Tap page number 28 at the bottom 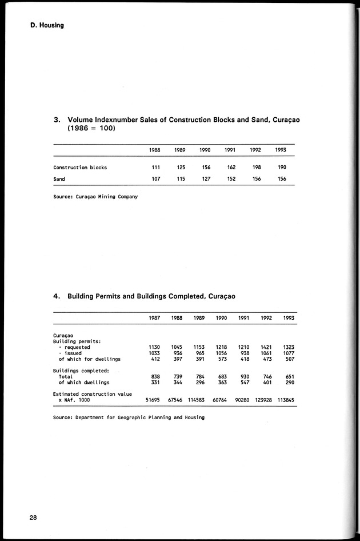(34, 518)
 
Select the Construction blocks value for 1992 (255, 168)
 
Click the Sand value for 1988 (155, 179)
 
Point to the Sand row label (59, 179)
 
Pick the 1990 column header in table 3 (205, 150)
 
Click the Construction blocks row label (80, 168)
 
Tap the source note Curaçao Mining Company (95, 197)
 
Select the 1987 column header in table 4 (154, 318)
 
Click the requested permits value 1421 (266, 347)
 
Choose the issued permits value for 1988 (177, 353)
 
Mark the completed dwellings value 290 (289, 382)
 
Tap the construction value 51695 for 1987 (153, 400)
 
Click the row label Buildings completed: (77, 371)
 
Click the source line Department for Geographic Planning (129, 417)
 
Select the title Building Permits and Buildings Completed (151, 296)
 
